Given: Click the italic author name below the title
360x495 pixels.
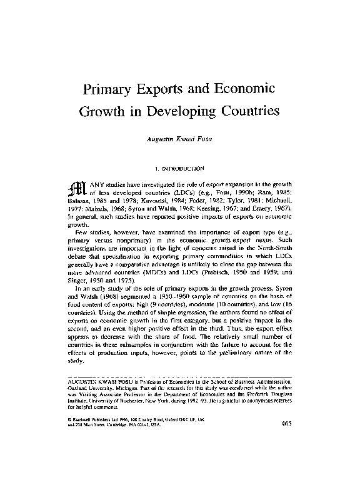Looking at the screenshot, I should tap(180, 139).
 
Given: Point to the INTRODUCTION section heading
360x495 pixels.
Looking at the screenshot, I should tap(180, 168).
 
